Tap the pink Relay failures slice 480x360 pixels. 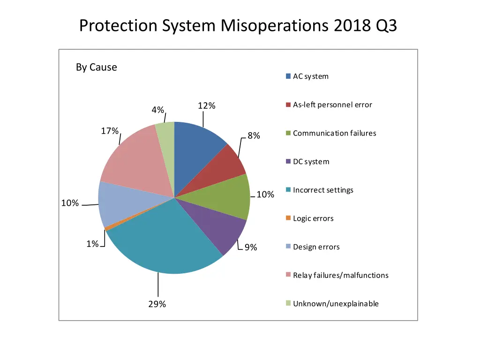(134, 159)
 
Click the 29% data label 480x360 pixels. (157, 304)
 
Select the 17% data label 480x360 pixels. (110, 131)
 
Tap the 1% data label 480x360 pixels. (92, 244)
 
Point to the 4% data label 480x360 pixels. (158, 110)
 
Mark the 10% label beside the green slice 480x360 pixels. (265, 195)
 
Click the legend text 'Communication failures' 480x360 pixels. (334, 133)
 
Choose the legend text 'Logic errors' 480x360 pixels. (313, 218)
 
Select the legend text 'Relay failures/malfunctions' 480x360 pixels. (340, 275)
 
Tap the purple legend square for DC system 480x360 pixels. (288, 162)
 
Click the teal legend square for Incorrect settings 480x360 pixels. (288, 190)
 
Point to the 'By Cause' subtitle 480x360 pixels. (97, 67)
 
